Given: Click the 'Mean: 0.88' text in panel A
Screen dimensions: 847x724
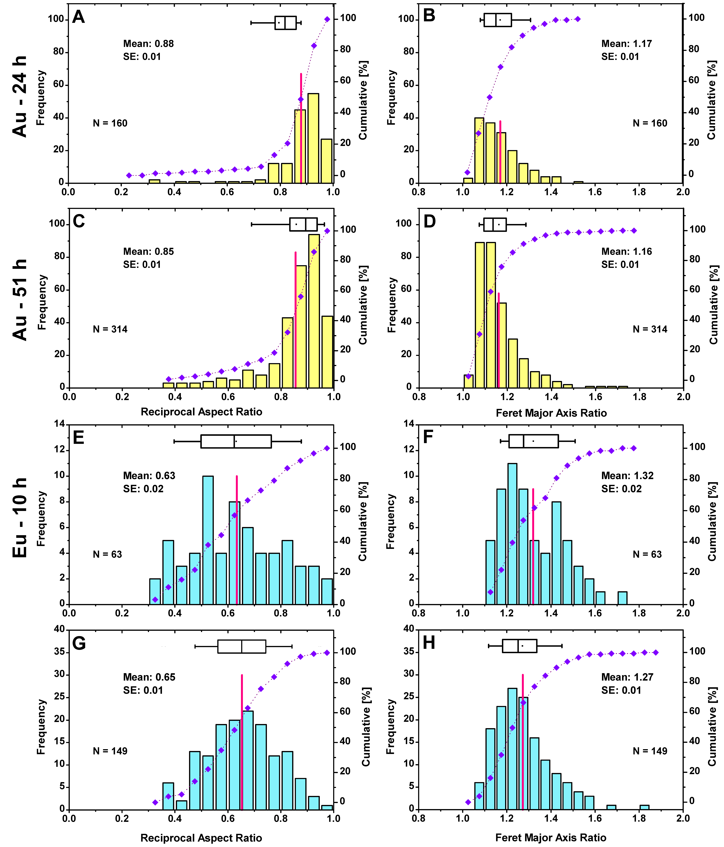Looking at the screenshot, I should pos(148,44).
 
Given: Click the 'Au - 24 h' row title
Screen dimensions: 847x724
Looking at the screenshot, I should pos(20,96).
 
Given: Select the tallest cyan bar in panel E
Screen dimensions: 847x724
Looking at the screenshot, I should pos(208,540).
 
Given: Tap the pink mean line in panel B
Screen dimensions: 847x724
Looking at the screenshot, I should pos(500,151).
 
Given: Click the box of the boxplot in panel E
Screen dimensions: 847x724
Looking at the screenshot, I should pos(236,442).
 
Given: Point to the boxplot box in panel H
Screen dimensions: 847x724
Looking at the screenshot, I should pos(519,646).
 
